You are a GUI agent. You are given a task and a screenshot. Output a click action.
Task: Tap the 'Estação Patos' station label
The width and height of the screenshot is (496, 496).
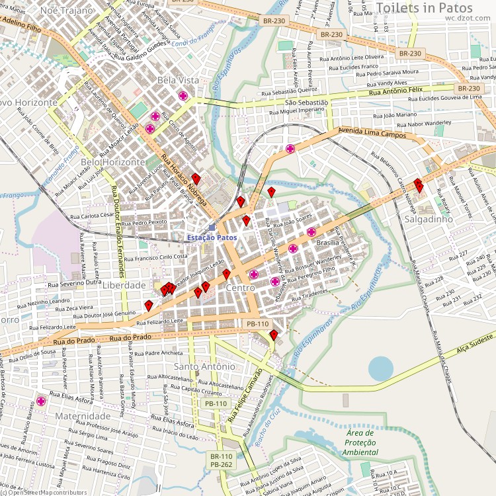[x=212, y=237]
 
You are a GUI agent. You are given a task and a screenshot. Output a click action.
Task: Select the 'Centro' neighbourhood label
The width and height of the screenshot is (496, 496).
[x=240, y=288]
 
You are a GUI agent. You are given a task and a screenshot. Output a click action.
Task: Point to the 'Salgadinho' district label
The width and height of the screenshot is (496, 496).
[x=429, y=218]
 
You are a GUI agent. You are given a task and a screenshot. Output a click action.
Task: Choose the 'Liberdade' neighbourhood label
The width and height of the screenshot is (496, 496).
[x=124, y=285]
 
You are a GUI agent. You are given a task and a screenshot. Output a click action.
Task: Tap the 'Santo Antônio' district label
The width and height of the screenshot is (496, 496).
[x=204, y=366]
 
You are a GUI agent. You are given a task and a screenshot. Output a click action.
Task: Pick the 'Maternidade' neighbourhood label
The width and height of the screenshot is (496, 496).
[x=83, y=417]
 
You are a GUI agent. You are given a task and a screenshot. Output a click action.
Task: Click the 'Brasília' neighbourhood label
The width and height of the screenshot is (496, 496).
[x=327, y=243]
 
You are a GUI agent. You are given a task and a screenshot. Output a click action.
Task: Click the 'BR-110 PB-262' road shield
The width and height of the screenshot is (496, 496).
[x=222, y=460]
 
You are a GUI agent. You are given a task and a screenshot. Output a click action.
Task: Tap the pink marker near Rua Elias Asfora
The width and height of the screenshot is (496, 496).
[x=41, y=401]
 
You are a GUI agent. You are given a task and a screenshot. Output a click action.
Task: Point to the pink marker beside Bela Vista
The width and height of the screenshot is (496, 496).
[x=183, y=96]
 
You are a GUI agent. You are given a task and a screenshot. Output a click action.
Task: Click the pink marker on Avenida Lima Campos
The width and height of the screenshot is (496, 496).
[x=290, y=149]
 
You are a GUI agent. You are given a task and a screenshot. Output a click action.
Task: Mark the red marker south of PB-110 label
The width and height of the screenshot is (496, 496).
[x=274, y=335]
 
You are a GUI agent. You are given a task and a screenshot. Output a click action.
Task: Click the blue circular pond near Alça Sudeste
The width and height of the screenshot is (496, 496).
[x=381, y=369]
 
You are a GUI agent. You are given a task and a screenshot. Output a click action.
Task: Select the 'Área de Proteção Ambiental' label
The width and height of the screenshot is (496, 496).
[x=360, y=442]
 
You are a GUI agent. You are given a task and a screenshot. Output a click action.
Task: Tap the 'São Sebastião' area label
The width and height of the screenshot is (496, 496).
[x=306, y=103]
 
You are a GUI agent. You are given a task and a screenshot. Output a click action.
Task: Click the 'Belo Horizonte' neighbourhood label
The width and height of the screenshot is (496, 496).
[x=112, y=162]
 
